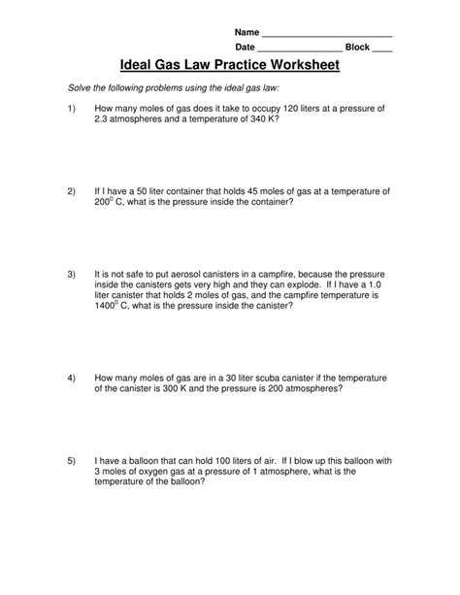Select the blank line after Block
tap(382, 50)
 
